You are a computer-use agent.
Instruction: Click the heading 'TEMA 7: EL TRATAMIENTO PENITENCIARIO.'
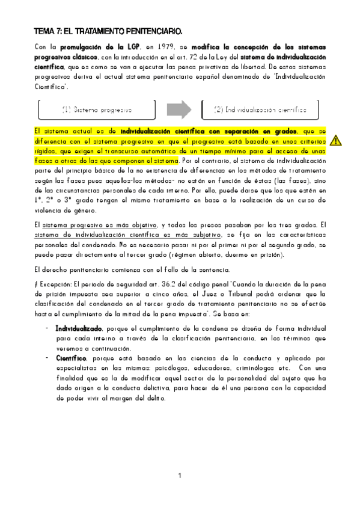108,30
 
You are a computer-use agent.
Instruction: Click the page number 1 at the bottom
180,476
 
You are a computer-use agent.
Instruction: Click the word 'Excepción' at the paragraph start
56,284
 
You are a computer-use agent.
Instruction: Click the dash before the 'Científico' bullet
47,358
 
